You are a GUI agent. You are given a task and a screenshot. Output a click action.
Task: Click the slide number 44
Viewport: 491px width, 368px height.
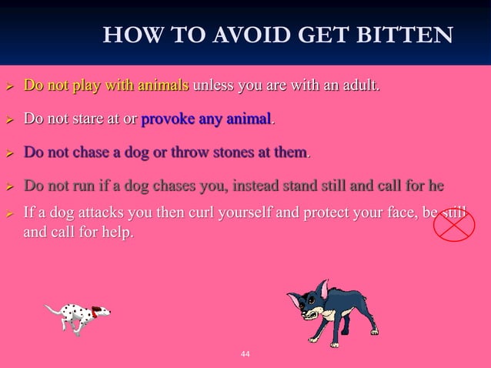coord(245,354)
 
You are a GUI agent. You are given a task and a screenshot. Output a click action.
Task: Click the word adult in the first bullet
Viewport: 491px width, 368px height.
coord(360,85)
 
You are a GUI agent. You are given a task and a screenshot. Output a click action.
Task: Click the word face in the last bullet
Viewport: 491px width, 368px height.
coord(402,212)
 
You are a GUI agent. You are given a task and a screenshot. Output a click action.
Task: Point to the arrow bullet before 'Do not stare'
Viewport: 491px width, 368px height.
coord(11,120)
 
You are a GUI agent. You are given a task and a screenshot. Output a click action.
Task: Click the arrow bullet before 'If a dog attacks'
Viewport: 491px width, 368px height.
coord(11,212)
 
